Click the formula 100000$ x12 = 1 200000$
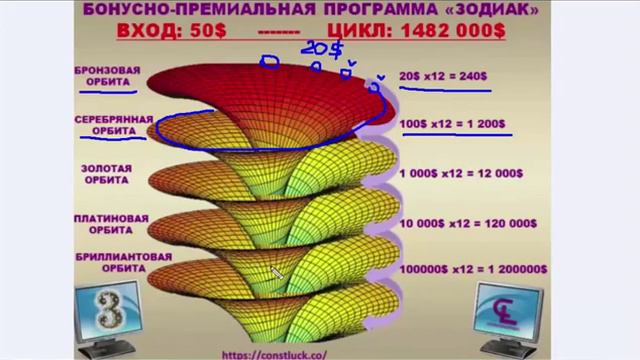472,269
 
